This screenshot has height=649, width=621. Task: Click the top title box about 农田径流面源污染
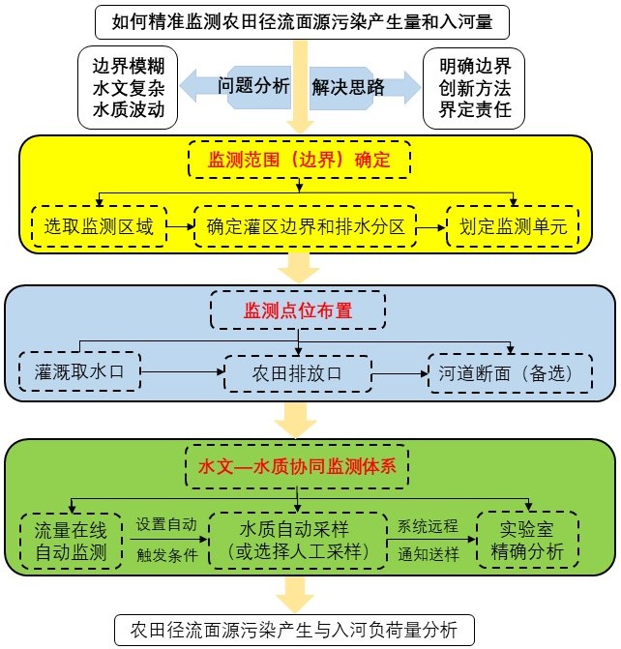pyautogui.click(x=310, y=19)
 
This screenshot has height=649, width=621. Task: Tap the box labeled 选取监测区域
pyautogui.click(x=98, y=227)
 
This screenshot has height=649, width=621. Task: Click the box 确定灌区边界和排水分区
pyautogui.click(x=305, y=227)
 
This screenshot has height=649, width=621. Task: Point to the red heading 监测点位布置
pyautogui.click(x=298, y=311)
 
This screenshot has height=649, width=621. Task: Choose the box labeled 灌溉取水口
pyautogui.click(x=79, y=370)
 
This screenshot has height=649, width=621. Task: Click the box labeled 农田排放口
pyautogui.click(x=298, y=372)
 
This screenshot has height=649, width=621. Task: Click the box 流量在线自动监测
pyautogui.click(x=72, y=541)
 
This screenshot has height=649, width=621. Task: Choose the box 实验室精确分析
pyautogui.click(x=527, y=541)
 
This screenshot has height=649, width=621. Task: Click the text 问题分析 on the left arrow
pyautogui.click(x=253, y=86)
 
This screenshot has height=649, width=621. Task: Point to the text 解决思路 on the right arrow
pyautogui.click(x=348, y=87)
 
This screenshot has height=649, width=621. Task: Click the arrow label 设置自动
pyautogui.click(x=166, y=524)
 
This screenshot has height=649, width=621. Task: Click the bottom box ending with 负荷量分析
pyautogui.click(x=295, y=629)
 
